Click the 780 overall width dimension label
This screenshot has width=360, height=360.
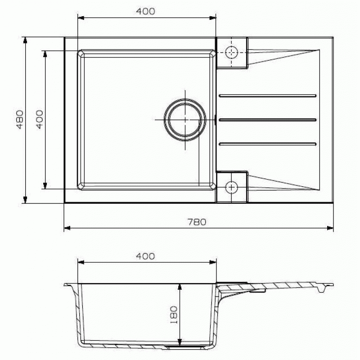pyautogui.click(x=197, y=222)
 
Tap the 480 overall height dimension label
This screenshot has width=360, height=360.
pyautogui.click(x=20, y=119)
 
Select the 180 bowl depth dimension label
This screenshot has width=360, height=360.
pyautogui.click(x=174, y=315)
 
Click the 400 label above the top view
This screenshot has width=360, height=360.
pyautogui.click(x=145, y=11)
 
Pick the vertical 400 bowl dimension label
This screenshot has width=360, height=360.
pyautogui.click(x=40, y=119)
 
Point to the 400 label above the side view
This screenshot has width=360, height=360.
pyautogui.click(x=145, y=256)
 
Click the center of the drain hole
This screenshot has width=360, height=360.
pyautogui.click(x=185, y=120)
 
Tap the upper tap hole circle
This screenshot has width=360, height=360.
pyautogui.click(x=231, y=53)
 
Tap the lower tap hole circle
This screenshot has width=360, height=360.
pyautogui.click(x=231, y=188)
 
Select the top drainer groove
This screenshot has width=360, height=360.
pyautogui.click(x=268, y=95)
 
